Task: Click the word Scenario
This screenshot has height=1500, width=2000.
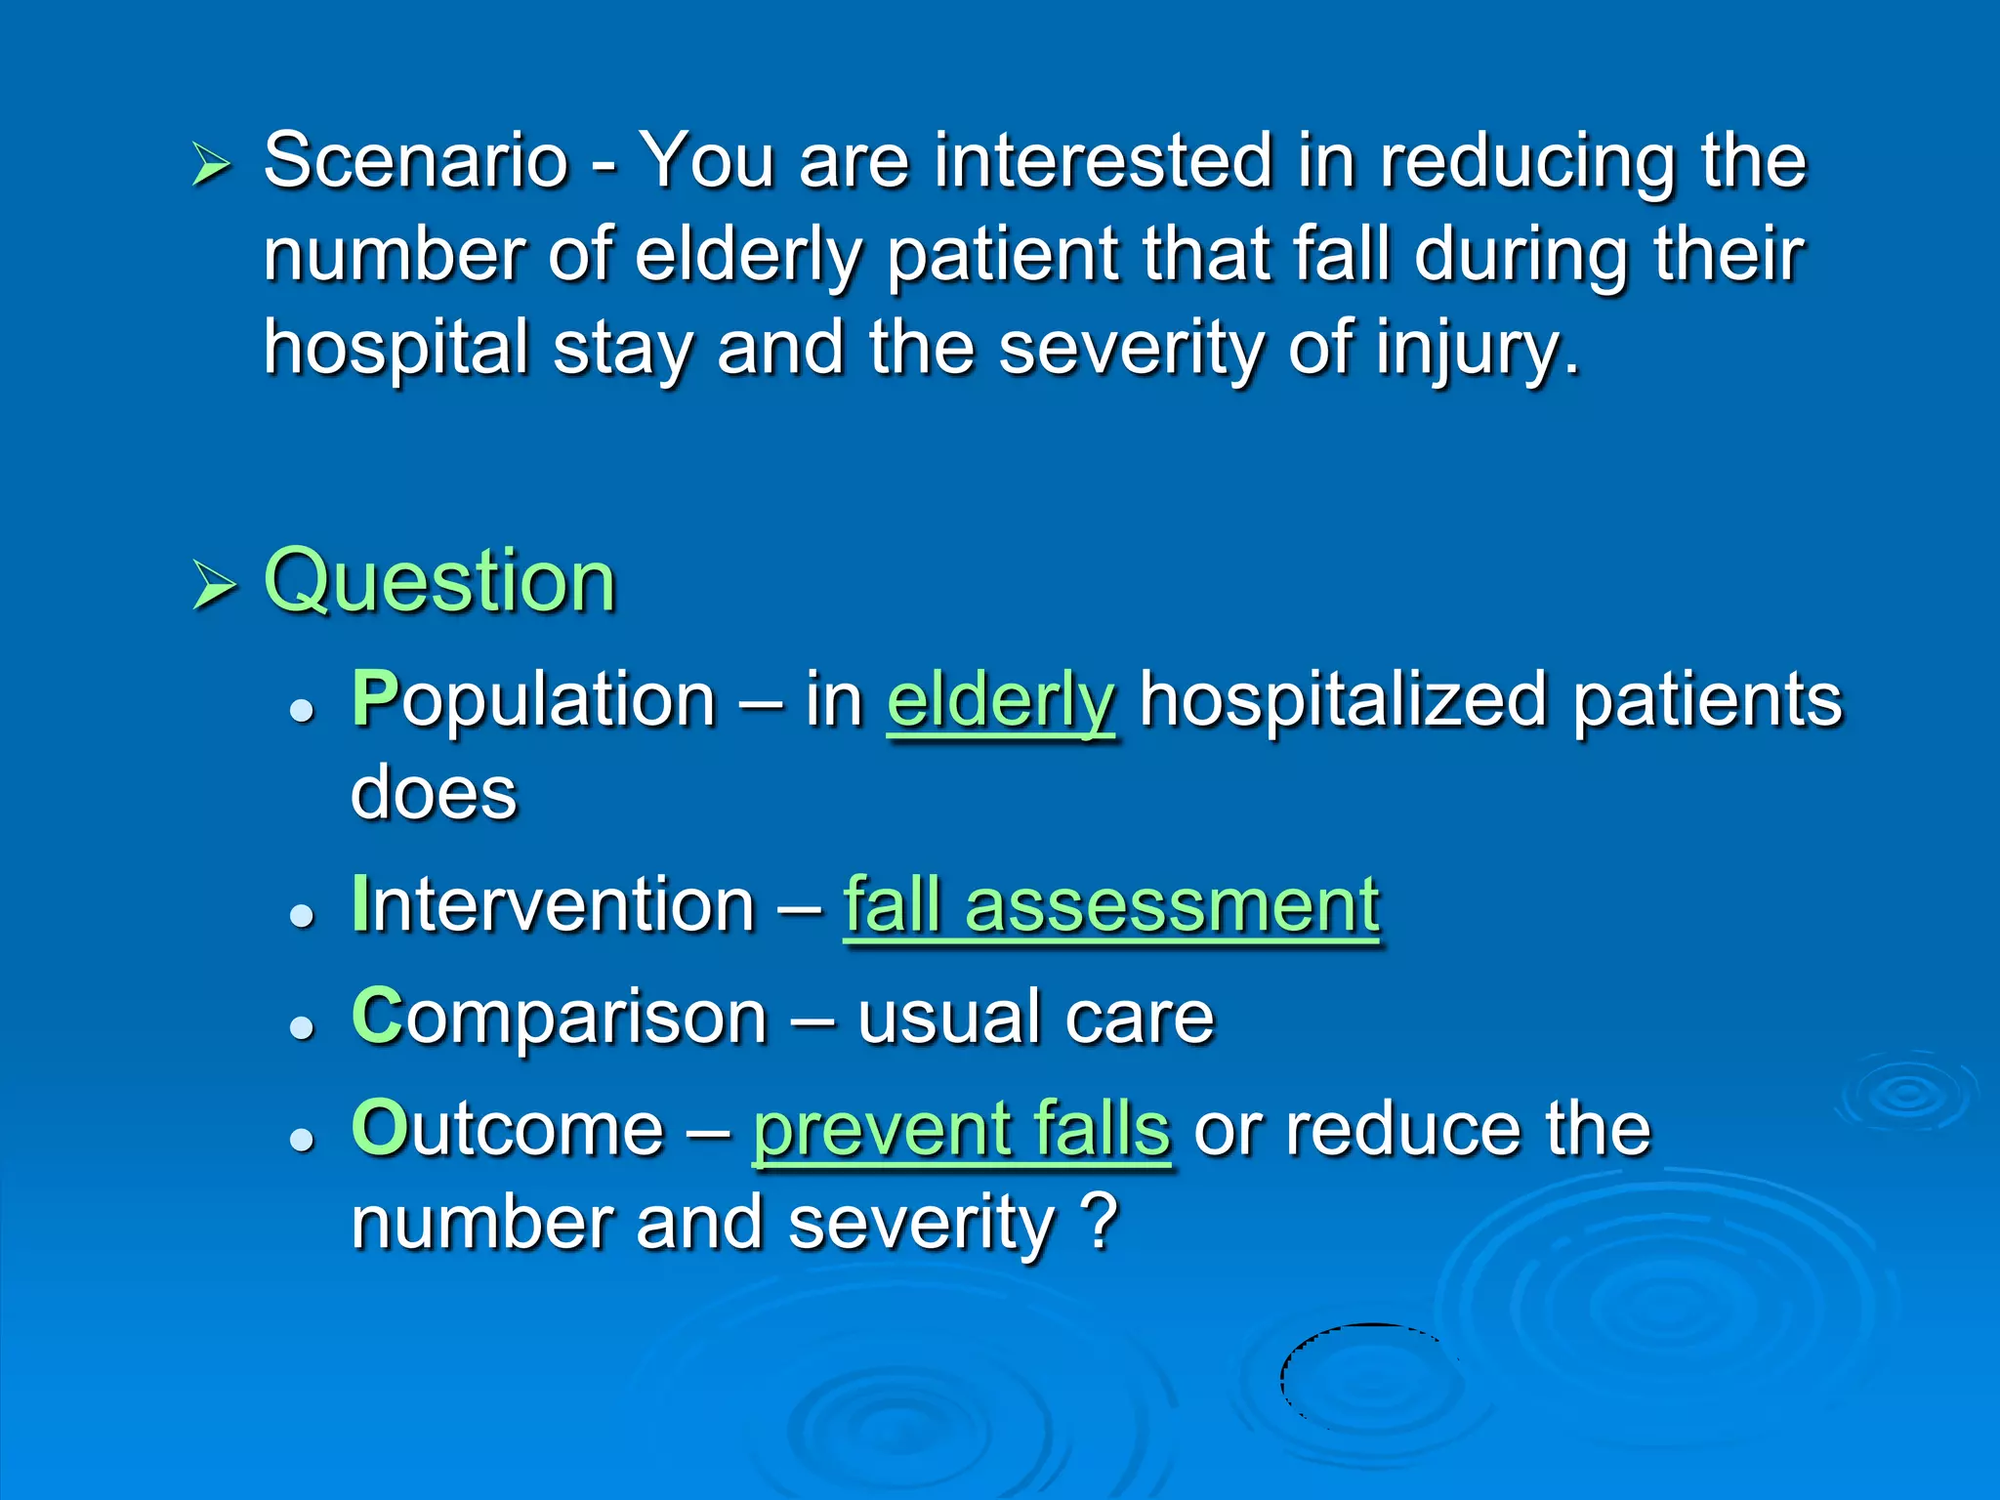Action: [416, 160]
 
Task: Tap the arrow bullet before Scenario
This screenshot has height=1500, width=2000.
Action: [211, 163]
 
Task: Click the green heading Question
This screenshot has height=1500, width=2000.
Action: [439, 581]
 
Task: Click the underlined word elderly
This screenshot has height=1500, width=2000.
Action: [1000, 701]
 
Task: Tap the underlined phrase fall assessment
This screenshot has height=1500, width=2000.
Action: [1111, 905]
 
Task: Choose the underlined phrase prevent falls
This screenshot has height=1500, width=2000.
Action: [961, 1129]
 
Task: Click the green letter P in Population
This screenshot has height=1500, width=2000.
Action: [375, 699]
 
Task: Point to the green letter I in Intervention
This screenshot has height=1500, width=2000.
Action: [360, 904]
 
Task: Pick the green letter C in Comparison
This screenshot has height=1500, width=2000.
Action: [377, 1017]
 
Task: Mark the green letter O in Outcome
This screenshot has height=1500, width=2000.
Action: [379, 1129]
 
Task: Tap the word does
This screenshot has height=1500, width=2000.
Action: [434, 792]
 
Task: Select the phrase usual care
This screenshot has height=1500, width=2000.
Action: [1035, 1018]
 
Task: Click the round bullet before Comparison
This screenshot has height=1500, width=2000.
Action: [303, 1026]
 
